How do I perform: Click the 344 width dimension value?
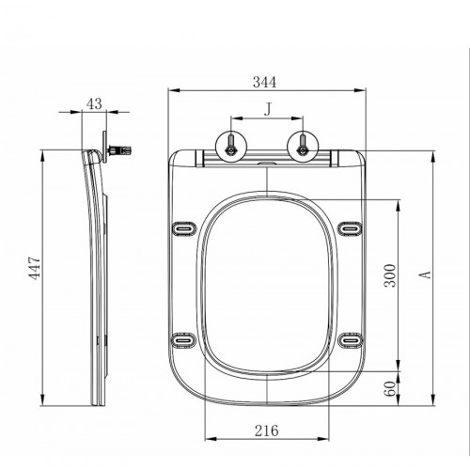pyautogui.click(x=265, y=82)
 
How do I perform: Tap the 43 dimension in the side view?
pyautogui.click(x=94, y=103)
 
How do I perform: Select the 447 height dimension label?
pyautogui.click(x=35, y=268)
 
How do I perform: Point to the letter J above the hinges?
pyautogui.click(x=267, y=110)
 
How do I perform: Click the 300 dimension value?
pyautogui.click(x=390, y=275)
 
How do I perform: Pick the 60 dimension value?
pyautogui.click(x=390, y=388)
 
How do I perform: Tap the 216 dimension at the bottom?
pyautogui.click(x=266, y=431)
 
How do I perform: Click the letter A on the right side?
pyautogui.click(x=425, y=274)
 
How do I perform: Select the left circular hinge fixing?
pyautogui.click(x=231, y=147)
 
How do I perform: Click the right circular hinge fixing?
pyautogui.click(x=303, y=147)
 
